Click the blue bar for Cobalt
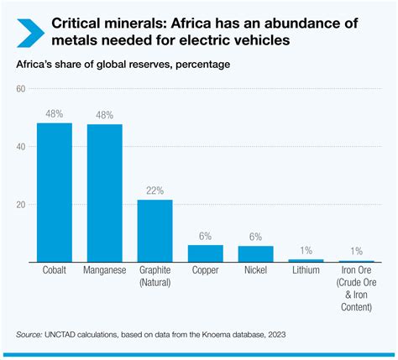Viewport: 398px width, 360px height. click(x=55, y=193)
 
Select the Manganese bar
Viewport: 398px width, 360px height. click(x=105, y=193)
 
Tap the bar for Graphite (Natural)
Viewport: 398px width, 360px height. click(x=155, y=231)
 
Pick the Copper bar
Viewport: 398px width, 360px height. click(x=206, y=253)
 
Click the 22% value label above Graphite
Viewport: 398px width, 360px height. click(x=155, y=191)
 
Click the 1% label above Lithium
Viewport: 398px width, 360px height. click(x=306, y=251)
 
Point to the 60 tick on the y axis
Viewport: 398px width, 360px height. click(x=22, y=89)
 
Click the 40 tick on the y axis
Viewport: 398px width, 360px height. click(x=22, y=147)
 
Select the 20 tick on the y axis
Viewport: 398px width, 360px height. click(x=22, y=205)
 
